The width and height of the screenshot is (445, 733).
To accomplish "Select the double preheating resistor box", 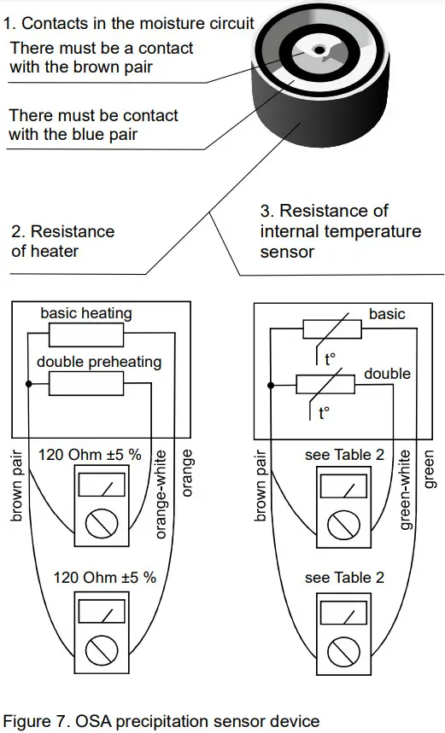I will pos(86,384).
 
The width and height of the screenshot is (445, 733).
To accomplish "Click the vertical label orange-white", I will pos(161,494).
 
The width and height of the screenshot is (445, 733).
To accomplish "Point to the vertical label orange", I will pos(189,473).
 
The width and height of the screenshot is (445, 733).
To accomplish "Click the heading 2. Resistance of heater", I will pos(62,241).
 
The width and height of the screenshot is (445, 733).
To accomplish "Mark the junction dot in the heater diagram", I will pos(29,385).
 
